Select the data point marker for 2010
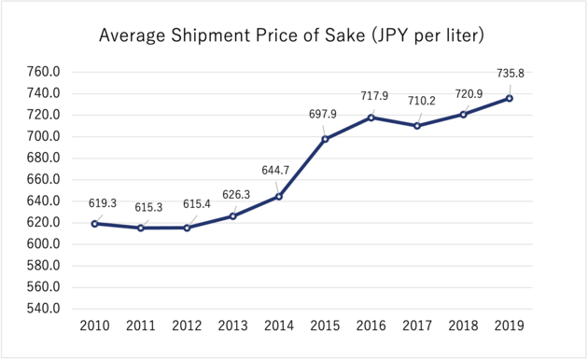pos(94,224)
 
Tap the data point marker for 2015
pos(325,139)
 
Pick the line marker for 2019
pos(510,98)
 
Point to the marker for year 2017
pos(417,126)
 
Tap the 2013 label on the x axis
pos(232,325)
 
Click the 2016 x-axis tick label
pos(371,325)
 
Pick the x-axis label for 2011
pos(140,325)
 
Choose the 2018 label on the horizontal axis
pos(463,325)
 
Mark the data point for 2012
pos(187,228)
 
